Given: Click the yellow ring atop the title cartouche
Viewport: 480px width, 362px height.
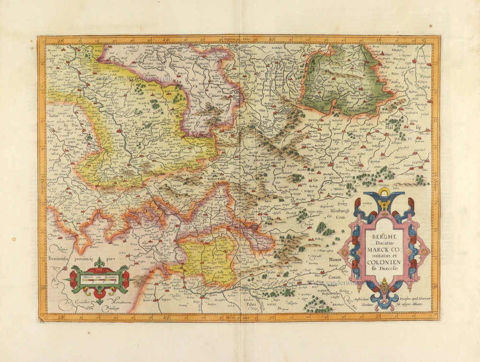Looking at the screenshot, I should (x=383, y=193).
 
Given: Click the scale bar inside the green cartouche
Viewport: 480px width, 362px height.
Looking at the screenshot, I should (x=99, y=279).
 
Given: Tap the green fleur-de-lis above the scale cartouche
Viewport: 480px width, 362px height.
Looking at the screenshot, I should (x=99, y=263).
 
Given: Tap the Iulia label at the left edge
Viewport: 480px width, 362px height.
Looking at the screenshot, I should (x=53, y=116).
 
